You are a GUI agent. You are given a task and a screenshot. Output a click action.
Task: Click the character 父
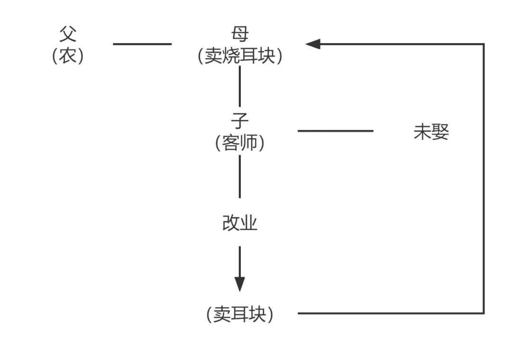point(68,34)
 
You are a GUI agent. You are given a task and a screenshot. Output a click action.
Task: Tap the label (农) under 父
point(68,56)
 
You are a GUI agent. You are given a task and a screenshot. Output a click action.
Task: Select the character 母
point(240,34)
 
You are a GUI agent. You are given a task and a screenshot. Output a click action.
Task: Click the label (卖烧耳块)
point(240,56)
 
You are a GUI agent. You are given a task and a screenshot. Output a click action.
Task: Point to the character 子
point(240,121)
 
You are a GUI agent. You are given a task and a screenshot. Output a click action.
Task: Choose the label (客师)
point(240,143)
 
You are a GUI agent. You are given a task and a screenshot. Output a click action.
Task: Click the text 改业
point(240,223)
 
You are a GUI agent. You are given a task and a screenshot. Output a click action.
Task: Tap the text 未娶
point(431,132)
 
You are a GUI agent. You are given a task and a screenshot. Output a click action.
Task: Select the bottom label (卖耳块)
point(240,314)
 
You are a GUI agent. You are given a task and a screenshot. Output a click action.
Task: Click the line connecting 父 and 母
point(142,44)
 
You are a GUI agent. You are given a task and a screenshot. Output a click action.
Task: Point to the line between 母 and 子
point(239,86)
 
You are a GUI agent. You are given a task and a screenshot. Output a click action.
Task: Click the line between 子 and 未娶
point(335,131)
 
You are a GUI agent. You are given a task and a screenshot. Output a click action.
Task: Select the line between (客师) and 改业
point(239,176)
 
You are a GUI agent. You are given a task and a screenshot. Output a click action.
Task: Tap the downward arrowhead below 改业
point(240,284)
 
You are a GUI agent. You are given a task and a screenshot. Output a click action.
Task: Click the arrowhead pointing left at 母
point(313,44)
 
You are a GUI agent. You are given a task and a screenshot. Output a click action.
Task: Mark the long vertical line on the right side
point(484,180)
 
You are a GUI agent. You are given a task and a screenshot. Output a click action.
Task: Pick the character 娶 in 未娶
point(440,132)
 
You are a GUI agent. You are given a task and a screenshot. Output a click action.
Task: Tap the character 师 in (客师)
point(248,143)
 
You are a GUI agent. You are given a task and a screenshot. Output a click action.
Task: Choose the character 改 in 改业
point(231,223)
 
